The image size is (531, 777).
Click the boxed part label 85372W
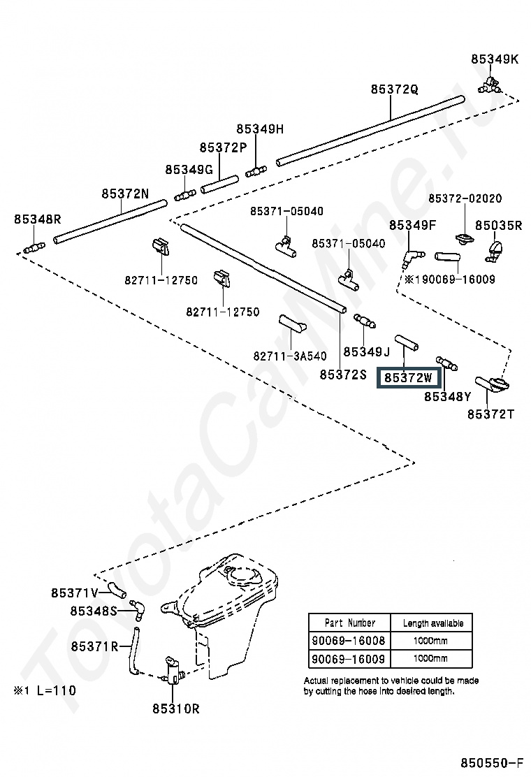[408, 377]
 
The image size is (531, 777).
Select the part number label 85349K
[495, 59]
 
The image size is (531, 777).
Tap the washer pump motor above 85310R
[173, 671]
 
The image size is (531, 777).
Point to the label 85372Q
[394, 89]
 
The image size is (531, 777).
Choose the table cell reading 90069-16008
[349, 640]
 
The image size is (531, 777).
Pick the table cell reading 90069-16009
[349, 659]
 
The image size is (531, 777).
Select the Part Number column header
[350, 623]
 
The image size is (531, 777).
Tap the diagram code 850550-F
[492, 762]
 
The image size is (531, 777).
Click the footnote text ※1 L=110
[45, 690]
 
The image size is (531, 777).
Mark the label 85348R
[37, 219]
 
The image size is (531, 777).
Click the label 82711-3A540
[290, 356]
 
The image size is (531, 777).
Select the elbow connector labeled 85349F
[411, 258]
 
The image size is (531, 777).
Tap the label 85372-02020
[465, 198]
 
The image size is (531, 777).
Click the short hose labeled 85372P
[219, 184]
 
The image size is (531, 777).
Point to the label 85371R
[94, 646]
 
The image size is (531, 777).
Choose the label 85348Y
[448, 396]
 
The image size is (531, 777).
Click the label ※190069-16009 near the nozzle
[450, 279]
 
